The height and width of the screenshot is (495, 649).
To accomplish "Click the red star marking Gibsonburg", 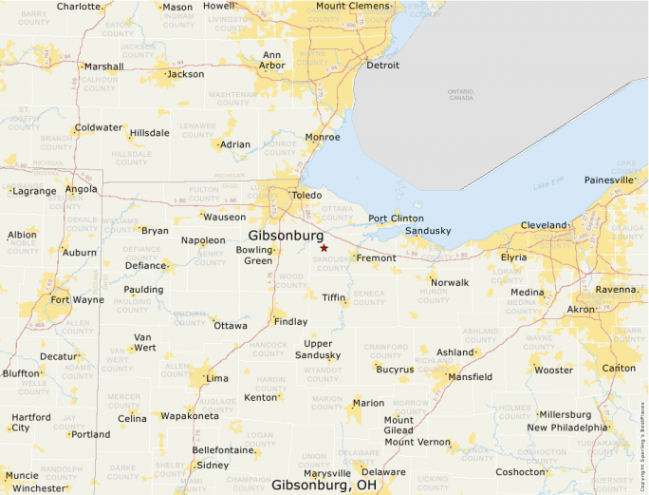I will (x=324, y=248).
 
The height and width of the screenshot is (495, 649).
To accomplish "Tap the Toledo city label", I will (x=306, y=195).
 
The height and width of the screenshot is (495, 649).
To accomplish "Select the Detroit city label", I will (x=382, y=66).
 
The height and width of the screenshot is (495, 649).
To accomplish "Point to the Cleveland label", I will (x=543, y=225).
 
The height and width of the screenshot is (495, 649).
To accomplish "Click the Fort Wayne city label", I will (x=77, y=300).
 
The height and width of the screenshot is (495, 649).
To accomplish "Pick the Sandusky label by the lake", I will (x=427, y=231).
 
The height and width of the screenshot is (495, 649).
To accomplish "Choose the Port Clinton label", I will (x=396, y=218).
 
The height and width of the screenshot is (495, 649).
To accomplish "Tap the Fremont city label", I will (x=376, y=257).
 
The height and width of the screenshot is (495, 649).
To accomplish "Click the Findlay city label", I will (x=290, y=321).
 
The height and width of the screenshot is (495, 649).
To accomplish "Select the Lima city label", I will (x=216, y=378).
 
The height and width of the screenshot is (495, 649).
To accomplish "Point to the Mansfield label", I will (x=470, y=376).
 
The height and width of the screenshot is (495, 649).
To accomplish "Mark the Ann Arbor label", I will (x=271, y=60).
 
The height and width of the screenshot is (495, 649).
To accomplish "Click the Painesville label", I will (x=608, y=180).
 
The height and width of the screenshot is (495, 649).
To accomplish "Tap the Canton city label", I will (x=620, y=368).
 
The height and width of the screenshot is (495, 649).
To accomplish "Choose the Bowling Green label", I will (x=253, y=255).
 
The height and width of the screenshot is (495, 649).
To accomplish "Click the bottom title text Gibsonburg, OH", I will (x=324, y=485).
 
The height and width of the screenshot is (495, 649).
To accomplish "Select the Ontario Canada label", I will (x=460, y=94).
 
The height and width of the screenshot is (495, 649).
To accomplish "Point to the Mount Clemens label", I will (x=353, y=7).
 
